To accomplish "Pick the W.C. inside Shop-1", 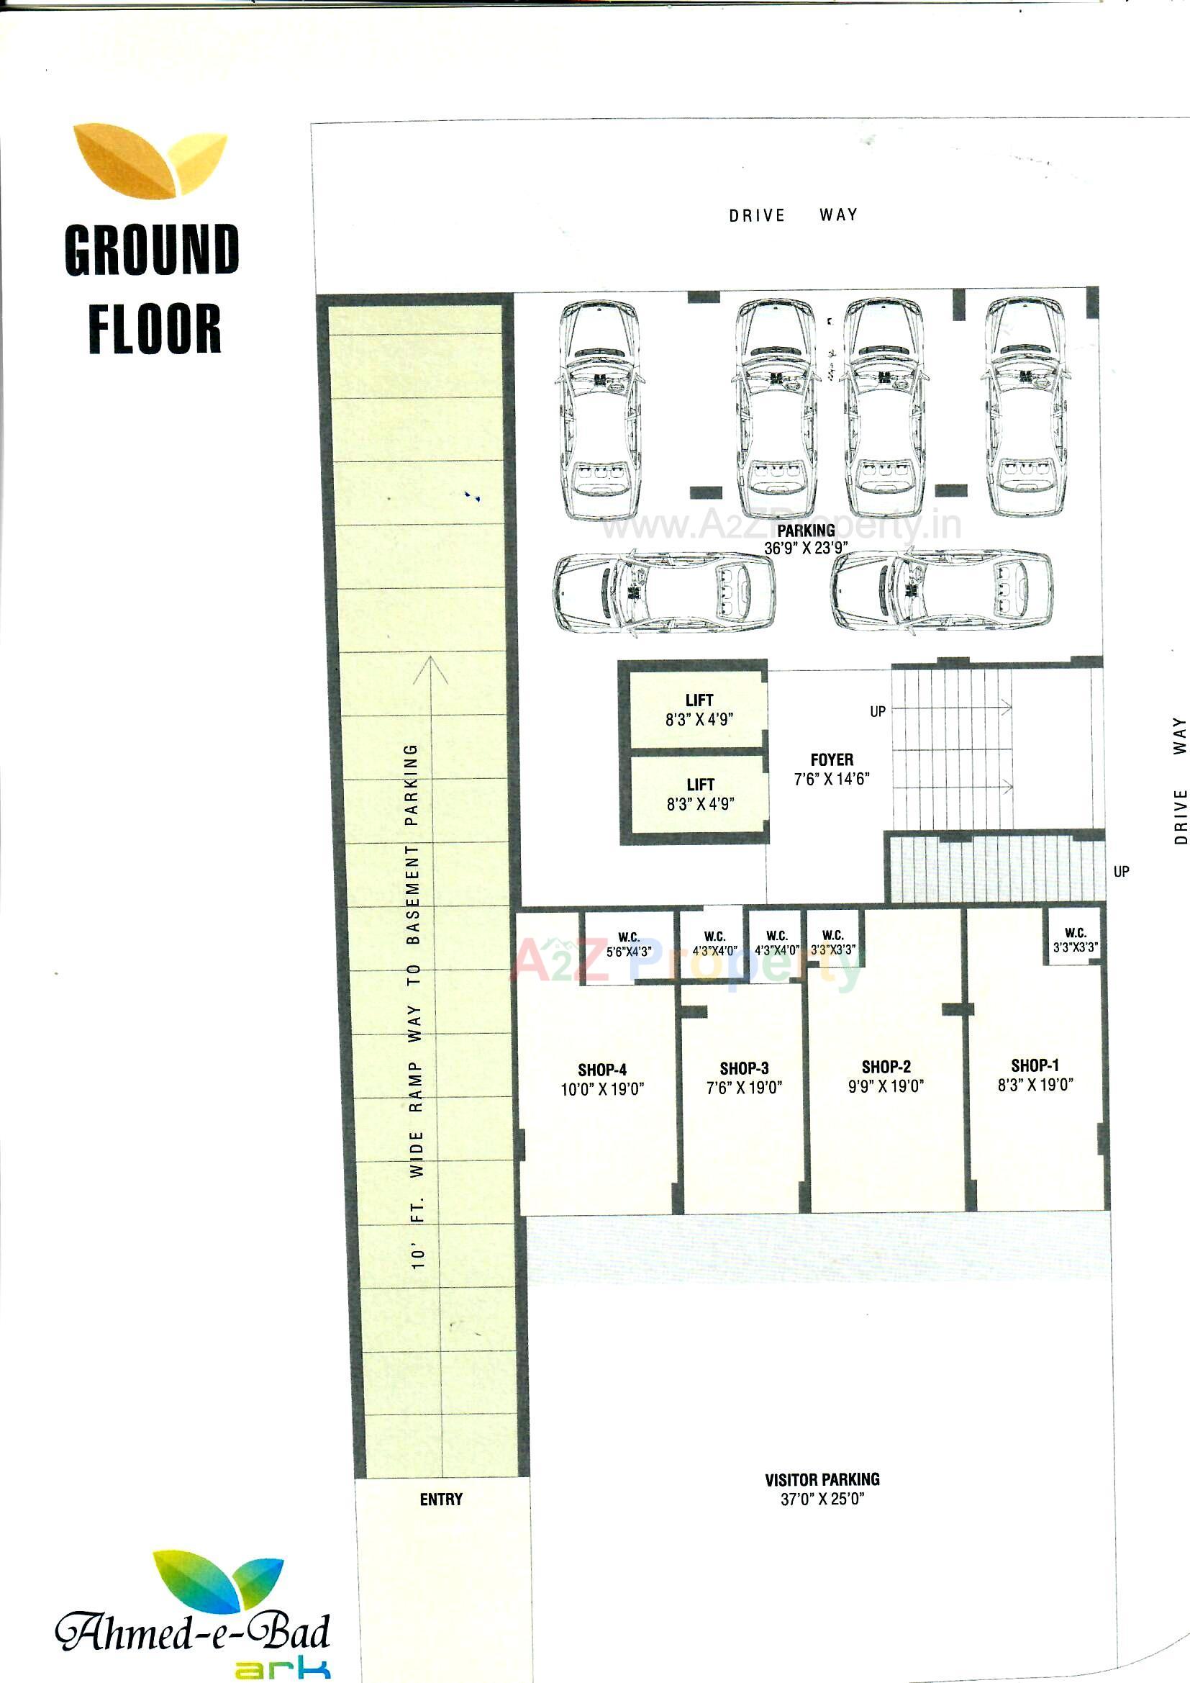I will (x=1075, y=939).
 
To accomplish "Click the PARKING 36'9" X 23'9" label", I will (x=806, y=538).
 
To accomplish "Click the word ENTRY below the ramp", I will (x=441, y=1499).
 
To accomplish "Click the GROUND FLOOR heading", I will (x=153, y=289).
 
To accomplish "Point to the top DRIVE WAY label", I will (x=793, y=215).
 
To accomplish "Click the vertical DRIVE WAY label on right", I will (x=1180, y=780).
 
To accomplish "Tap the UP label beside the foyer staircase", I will (x=877, y=711).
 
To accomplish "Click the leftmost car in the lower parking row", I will (x=664, y=592).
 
